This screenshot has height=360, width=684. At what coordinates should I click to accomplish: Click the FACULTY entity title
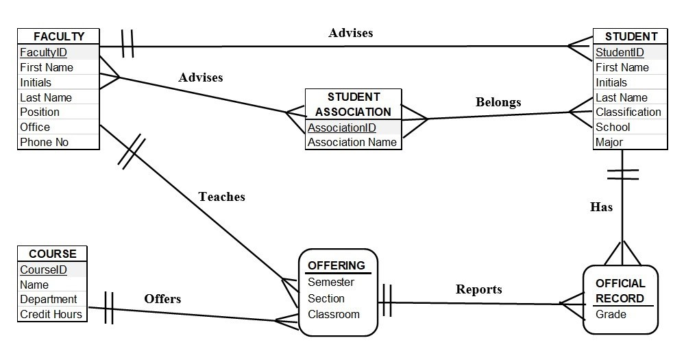click(x=59, y=37)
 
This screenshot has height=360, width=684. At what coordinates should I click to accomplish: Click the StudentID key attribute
click(x=620, y=52)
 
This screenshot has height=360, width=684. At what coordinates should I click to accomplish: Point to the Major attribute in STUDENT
click(x=609, y=142)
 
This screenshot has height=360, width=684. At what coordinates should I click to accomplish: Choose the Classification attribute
click(x=628, y=112)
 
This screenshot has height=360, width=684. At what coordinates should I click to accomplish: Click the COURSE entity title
click(x=53, y=254)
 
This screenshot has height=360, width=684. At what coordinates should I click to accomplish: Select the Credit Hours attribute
click(x=51, y=314)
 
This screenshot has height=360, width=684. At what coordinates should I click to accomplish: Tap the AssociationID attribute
click(x=342, y=128)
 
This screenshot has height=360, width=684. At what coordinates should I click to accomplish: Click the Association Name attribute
click(x=352, y=142)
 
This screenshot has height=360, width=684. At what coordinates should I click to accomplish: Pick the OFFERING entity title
click(x=337, y=265)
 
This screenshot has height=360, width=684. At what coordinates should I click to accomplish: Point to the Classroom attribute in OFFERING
click(x=334, y=314)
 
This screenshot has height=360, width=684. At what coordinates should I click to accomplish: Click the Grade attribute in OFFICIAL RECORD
click(x=611, y=314)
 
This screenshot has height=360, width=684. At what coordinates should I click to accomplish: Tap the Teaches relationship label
click(x=221, y=197)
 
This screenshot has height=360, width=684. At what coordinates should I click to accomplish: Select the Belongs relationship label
click(x=498, y=102)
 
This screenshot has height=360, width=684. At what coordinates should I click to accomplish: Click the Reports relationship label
click(x=479, y=289)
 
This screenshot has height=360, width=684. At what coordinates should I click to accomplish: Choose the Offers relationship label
click(x=162, y=299)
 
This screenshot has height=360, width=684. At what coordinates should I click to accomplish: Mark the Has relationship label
click(x=601, y=206)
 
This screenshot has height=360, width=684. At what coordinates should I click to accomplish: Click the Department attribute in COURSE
click(x=48, y=299)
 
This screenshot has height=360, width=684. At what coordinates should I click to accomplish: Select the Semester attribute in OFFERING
click(x=331, y=282)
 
